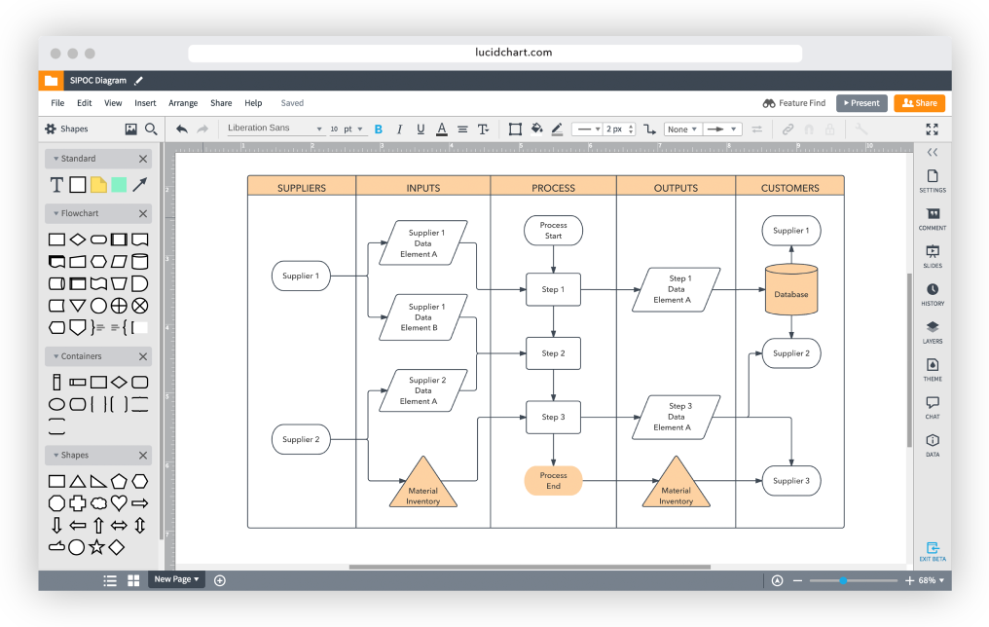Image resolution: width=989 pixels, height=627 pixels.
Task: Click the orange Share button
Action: tap(919, 103)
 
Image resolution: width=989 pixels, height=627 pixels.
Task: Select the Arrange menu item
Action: tap(183, 103)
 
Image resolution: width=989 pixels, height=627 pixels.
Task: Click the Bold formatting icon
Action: tap(378, 129)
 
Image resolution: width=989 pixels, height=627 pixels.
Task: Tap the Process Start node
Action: tap(553, 231)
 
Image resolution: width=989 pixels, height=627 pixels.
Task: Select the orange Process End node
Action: tap(553, 481)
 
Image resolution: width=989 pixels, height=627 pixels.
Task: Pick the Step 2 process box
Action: tap(553, 353)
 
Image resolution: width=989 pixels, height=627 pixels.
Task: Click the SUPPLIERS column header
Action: tap(302, 188)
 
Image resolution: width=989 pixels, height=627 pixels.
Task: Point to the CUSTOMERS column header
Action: tap(789, 188)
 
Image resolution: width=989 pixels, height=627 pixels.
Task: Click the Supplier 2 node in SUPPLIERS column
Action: tap(301, 440)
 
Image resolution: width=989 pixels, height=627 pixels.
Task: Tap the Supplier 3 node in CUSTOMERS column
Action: tap(790, 481)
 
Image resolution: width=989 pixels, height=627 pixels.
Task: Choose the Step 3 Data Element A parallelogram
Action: tap(677, 417)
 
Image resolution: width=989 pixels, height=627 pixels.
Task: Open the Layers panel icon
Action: tap(933, 332)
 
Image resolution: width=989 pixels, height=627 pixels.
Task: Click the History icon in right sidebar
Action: tap(933, 294)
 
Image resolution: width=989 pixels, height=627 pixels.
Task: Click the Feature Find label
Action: tap(801, 103)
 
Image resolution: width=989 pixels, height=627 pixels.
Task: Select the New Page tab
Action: tap(176, 579)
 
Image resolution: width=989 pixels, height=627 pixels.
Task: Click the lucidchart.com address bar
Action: tap(494, 53)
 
